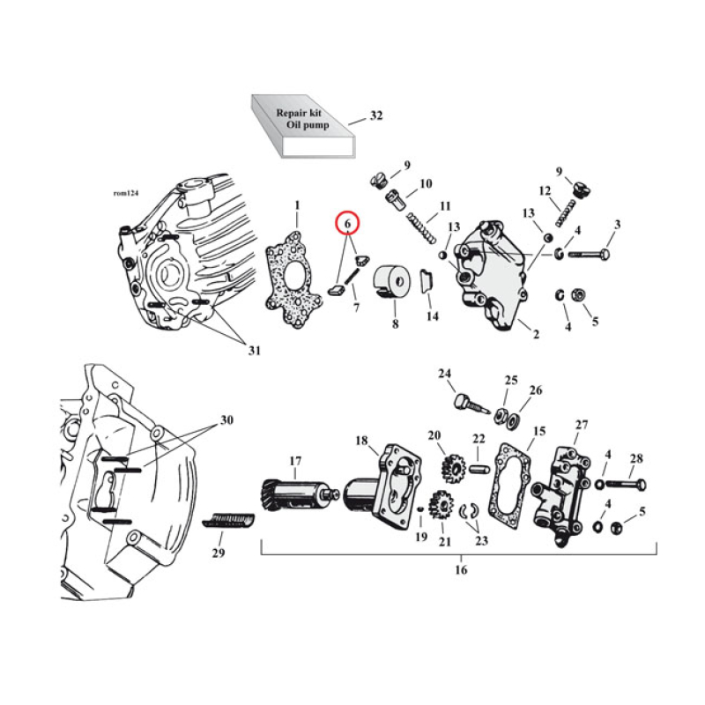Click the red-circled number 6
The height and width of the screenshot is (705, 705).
[x=348, y=224]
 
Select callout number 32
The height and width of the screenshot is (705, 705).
[x=376, y=115]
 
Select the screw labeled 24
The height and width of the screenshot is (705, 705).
[x=470, y=408]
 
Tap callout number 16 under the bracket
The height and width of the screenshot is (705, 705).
[x=461, y=570]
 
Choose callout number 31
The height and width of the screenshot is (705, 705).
[x=254, y=352]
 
